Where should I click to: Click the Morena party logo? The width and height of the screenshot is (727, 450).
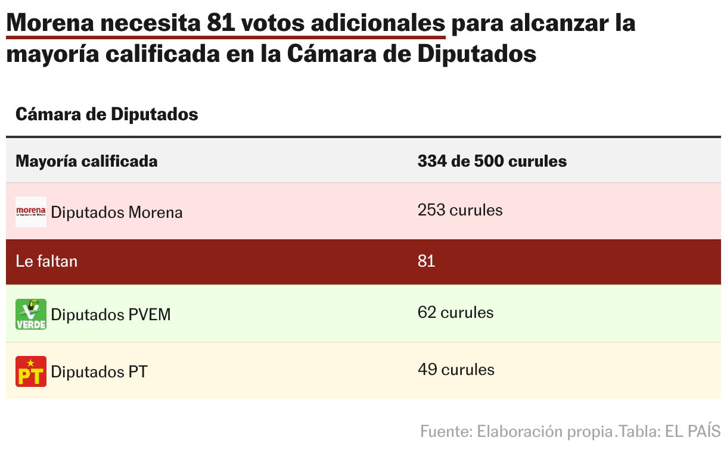(30, 211)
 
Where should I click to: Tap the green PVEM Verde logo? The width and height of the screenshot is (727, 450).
(30, 314)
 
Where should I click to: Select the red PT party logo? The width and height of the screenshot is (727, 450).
(30, 371)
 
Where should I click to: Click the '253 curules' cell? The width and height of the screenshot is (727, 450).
(459, 210)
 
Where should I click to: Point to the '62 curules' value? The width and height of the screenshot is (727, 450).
(455, 312)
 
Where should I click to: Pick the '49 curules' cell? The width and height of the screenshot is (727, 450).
(455, 370)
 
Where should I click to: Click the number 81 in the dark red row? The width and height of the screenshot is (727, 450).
(426, 261)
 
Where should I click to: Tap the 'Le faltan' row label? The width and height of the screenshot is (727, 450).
(46, 261)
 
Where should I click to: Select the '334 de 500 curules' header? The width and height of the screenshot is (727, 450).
(492, 161)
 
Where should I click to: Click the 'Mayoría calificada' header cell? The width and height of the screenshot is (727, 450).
(86, 161)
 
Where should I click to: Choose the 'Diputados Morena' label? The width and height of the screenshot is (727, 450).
(117, 212)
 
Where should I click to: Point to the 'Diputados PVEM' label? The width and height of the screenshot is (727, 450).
(111, 315)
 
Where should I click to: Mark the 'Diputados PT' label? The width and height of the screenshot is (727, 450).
(99, 372)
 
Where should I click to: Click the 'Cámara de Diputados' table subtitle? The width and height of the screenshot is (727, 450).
(107, 114)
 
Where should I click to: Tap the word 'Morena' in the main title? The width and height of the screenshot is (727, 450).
(50, 23)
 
